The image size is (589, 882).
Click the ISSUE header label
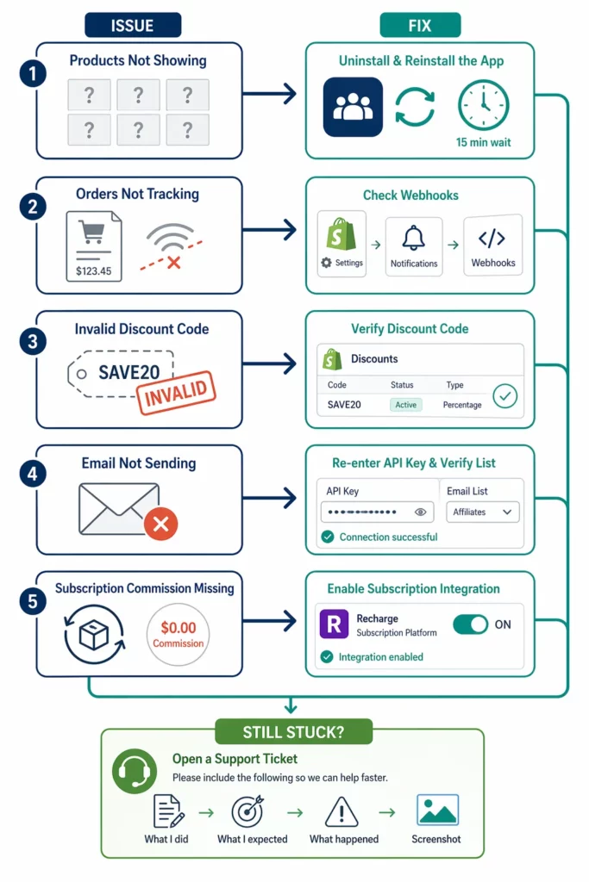tap(132, 24)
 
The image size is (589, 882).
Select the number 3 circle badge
tap(32, 341)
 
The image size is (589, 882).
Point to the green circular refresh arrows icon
tap(414, 107)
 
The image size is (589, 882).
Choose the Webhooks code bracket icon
tap(492, 238)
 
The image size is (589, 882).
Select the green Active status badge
tap(406, 405)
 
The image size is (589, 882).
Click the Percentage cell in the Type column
tap(462, 405)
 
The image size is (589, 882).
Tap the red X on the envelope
tap(160, 522)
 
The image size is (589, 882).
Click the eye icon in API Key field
tap(420, 512)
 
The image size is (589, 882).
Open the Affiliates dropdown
tap(483, 512)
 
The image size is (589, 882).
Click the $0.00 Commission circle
tap(178, 635)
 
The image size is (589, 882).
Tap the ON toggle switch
tap(471, 624)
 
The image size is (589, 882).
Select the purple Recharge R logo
tap(334, 624)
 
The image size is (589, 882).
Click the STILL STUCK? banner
tap(294, 733)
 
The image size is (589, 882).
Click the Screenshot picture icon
tap(437, 811)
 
